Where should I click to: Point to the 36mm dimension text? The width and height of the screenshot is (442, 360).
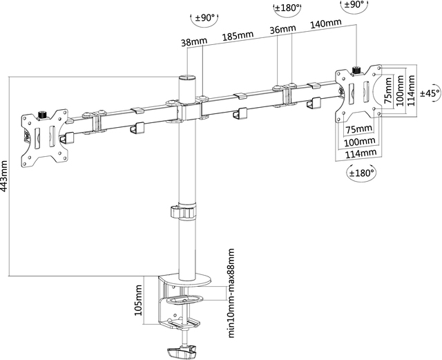tap(284, 30)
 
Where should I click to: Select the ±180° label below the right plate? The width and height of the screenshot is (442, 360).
tap(363, 172)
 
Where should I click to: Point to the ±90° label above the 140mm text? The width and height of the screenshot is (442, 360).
tap(354, 5)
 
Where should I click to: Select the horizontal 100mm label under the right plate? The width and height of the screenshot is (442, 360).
tap(358, 141)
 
